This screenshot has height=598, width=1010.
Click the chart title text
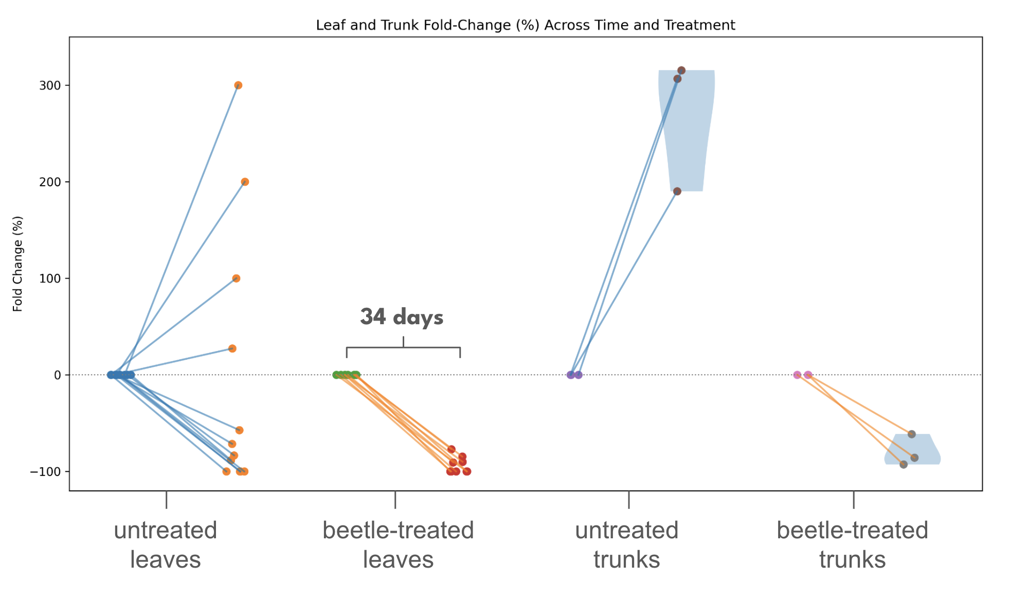[525, 25]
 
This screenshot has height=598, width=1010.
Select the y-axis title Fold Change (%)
[18, 264]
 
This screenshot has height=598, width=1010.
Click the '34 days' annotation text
[402, 317]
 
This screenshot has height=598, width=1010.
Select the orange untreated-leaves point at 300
[238, 85]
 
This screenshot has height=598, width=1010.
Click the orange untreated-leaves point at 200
[245, 182]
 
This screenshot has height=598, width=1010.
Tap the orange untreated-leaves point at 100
[236, 278]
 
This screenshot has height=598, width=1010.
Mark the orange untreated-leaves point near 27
[232, 348]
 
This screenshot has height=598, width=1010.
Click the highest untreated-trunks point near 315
[681, 71]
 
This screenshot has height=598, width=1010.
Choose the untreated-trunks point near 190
[677, 191]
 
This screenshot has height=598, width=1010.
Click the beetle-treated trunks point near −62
[912, 434]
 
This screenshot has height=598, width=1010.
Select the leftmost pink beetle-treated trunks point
[797, 375]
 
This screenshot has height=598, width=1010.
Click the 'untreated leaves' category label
[166, 544]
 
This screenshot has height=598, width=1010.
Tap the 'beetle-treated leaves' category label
[398, 544]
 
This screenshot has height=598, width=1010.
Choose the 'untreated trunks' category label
[627, 544]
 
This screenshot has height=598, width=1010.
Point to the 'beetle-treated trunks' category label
[852, 544]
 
